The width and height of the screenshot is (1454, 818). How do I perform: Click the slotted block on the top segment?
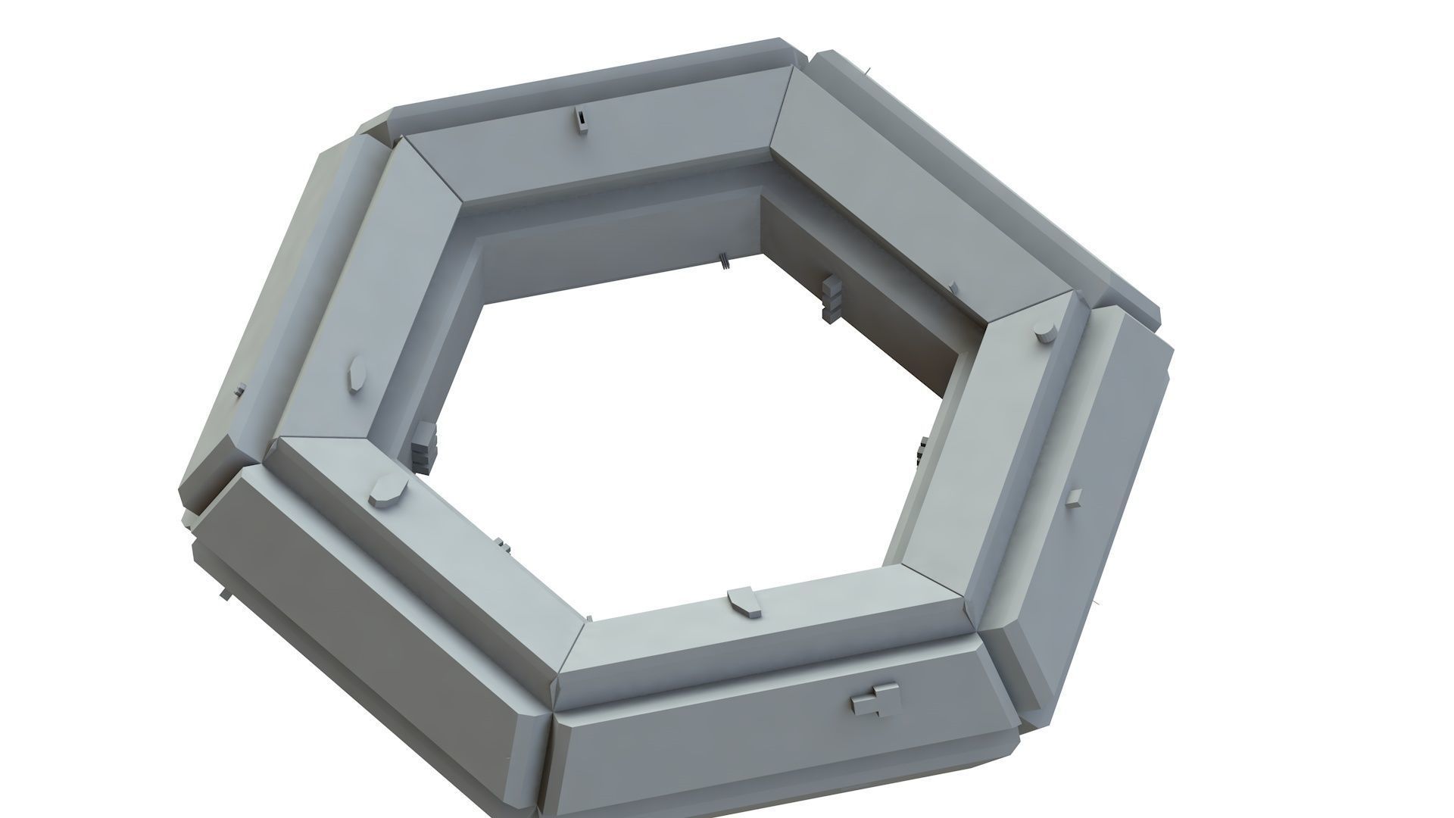tap(580, 120)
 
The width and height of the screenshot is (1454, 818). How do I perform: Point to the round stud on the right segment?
tap(1045, 333)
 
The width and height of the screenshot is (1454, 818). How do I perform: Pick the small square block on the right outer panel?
tap(1074, 496)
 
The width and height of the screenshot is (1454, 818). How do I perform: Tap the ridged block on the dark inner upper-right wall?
tap(832, 297)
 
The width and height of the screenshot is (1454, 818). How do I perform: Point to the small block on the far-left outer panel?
tap(240, 391)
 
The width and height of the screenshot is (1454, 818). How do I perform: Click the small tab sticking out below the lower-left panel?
tap(225, 593)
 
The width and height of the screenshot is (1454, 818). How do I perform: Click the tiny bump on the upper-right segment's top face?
tap(953, 288)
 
